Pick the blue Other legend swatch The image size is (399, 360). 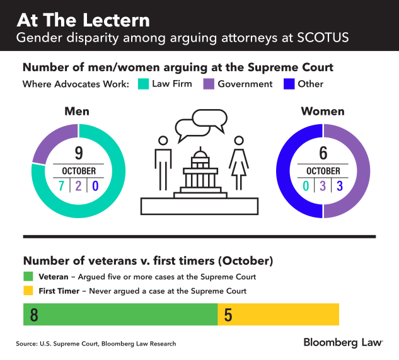tap(289, 84)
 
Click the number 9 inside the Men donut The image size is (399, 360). tap(78, 153)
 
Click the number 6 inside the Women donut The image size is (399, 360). tap(323, 153)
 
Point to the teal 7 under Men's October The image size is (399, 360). tap(62, 186)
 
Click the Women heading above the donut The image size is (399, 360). tap(323, 112)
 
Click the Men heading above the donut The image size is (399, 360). tap(78, 112)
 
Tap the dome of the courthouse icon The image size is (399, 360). tap(200, 154)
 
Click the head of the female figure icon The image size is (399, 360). tap(239, 140)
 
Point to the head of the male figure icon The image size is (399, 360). tap(163, 140)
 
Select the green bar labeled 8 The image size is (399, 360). tap(120, 314)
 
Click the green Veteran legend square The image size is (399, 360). tap(28, 276)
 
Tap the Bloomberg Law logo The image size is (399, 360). tap(343, 342)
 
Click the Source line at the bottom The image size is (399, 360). tap(96, 344)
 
